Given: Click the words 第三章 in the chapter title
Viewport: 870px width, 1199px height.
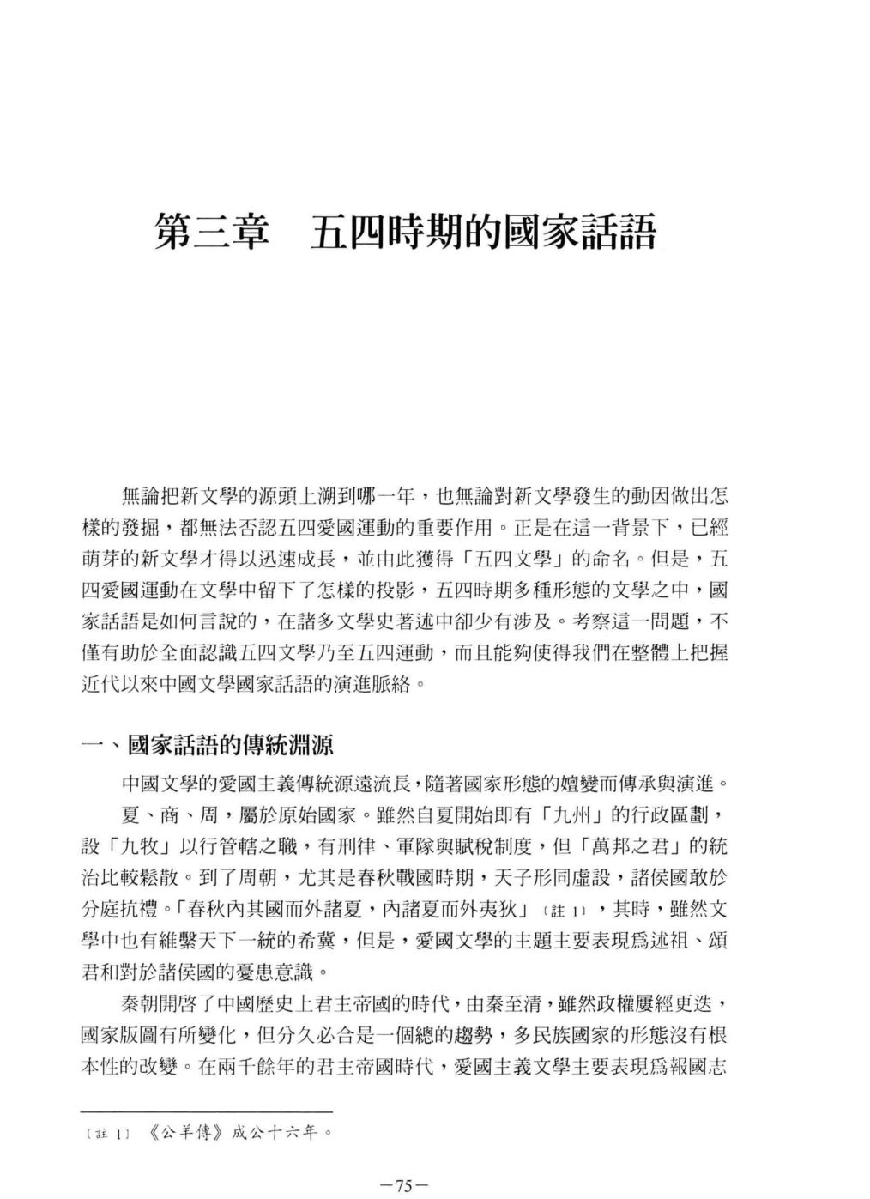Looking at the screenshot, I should [211, 233].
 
